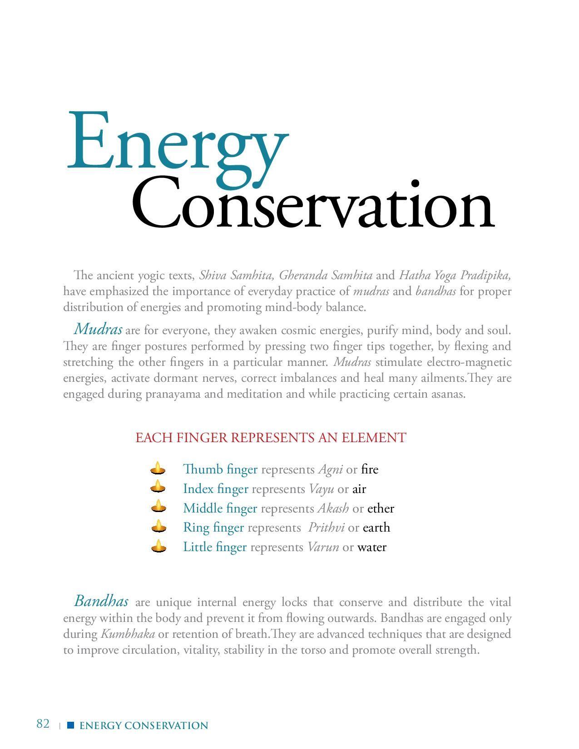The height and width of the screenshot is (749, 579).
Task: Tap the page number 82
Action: (43, 724)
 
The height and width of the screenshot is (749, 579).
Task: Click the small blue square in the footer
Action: (70, 725)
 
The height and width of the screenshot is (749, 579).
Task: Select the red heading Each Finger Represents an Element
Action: (271, 438)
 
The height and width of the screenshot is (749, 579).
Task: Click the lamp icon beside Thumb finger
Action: (158, 468)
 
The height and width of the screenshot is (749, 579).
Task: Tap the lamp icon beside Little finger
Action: (158, 546)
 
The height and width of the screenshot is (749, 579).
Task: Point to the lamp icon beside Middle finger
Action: (158, 507)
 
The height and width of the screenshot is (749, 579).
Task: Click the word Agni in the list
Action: (330, 469)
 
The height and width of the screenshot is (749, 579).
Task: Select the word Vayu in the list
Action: (321, 489)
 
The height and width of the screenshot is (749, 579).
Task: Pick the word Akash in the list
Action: (333, 508)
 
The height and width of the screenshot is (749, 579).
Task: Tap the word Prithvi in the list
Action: (326, 527)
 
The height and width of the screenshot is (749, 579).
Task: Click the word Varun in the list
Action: (323, 547)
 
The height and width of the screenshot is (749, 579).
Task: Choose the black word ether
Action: (381, 508)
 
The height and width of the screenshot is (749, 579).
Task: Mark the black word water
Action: (371, 547)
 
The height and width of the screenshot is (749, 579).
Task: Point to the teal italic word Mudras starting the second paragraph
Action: (98, 328)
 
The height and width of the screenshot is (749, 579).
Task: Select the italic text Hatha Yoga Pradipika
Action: (455, 275)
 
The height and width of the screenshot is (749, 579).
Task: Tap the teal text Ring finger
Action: (213, 527)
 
